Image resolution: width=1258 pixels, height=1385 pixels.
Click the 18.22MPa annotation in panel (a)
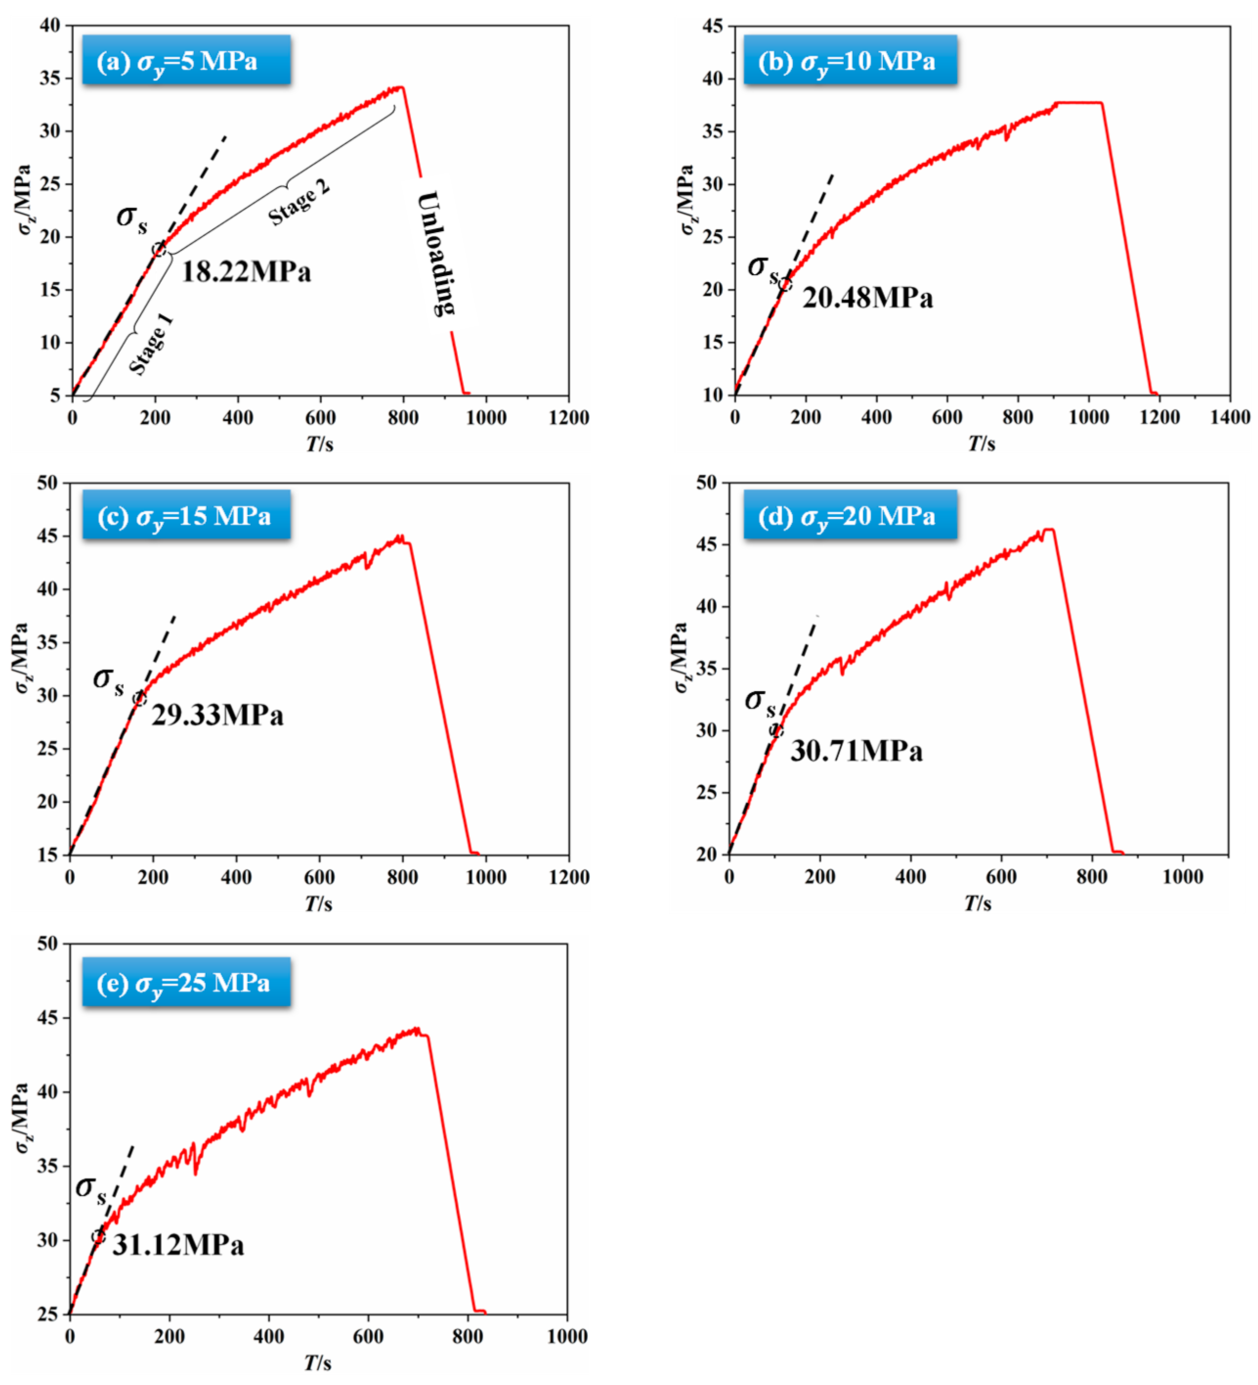pos(246,272)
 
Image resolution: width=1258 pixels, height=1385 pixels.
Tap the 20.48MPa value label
pos(867,298)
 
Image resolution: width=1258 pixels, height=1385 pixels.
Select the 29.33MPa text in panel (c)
pos(217,716)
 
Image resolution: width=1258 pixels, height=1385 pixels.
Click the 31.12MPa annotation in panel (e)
pos(178,1245)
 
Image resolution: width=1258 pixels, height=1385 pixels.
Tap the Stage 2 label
pos(299,203)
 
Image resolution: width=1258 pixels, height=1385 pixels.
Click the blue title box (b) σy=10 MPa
pos(850,61)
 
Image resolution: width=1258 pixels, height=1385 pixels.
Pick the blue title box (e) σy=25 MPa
pos(186,983)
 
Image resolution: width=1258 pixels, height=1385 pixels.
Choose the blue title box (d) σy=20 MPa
pos(850,516)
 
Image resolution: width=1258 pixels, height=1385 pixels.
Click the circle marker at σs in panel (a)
pos(159,249)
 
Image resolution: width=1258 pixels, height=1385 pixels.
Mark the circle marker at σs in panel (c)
pos(139,699)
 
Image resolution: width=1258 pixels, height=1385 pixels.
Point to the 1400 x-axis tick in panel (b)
pos(1229,418)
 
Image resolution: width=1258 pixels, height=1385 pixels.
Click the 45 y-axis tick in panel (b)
pos(713,26)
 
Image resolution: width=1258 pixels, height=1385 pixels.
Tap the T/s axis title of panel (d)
pos(977,903)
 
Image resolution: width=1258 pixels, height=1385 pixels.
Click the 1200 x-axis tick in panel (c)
pos(569,878)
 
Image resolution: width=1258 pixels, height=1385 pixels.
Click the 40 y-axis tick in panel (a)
pos(51,26)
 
